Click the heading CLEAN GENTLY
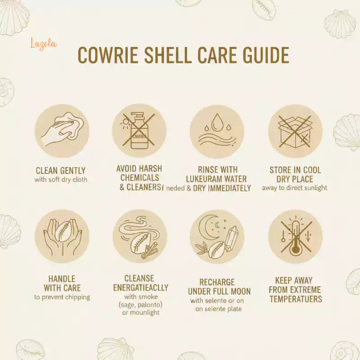coord(61,171)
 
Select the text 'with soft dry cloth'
coord(61,180)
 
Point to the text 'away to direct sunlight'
coord(295,188)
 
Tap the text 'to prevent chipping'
coord(62,297)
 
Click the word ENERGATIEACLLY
coord(141,288)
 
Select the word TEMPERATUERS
coord(296,299)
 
